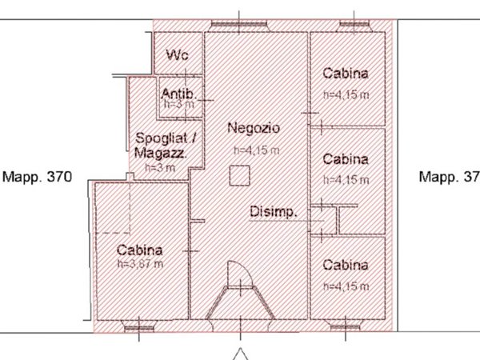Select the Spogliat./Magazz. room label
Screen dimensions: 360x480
(166, 145)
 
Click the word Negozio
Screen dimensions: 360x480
(252, 127)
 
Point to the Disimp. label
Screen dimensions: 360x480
(274, 212)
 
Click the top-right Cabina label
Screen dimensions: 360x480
(346, 74)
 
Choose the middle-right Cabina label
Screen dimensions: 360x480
(346, 158)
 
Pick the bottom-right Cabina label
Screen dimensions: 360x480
(346, 265)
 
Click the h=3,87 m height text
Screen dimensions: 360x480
(140, 264)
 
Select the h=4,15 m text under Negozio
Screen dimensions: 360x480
(256, 150)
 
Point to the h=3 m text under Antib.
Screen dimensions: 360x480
(177, 104)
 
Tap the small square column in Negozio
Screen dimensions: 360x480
(237, 174)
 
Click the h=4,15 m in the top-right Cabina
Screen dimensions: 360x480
(346, 96)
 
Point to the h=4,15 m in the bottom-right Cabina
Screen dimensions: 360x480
(346, 286)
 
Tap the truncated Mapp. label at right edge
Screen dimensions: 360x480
(449, 176)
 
